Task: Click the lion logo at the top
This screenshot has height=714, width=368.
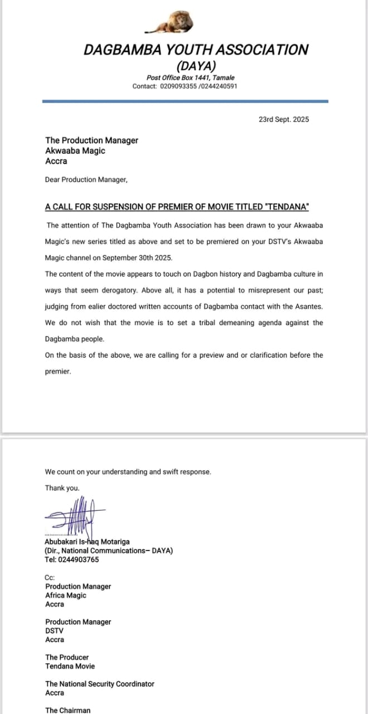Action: tap(171, 23)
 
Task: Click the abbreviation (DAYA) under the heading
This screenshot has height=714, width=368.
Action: tap(196, 65)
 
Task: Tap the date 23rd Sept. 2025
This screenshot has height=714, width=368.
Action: tap(283, 119)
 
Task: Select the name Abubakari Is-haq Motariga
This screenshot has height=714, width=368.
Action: tap(88, 542)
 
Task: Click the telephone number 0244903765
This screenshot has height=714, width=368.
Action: tap(78, 559)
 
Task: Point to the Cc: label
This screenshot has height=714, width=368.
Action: tap(50, 578)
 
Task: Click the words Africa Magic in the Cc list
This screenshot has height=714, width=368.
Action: tap(66, 595)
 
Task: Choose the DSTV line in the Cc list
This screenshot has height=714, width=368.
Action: tap(54, 631)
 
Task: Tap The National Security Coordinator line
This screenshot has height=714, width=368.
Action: tap(100, 684)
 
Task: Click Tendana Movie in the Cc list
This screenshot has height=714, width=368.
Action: tap(70, 666)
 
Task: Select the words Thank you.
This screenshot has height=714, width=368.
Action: tap(62, 488)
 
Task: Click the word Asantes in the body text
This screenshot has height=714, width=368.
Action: tap(306, 306)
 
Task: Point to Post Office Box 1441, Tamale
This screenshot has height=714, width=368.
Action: tap(191, 78)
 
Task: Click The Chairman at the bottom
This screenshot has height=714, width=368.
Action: tap(67, 710)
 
